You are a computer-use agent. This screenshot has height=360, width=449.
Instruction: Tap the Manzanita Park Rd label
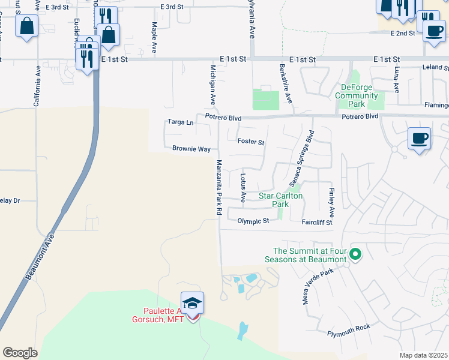[219, 188]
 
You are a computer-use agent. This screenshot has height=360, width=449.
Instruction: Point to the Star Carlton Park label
[280, 200]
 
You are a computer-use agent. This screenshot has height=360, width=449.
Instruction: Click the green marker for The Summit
[355, 255]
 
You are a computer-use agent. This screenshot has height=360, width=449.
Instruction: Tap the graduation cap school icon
[193, 304]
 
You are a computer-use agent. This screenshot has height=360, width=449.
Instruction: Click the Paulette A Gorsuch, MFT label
[171, 315]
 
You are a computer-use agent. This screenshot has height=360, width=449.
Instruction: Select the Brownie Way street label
[191, 149]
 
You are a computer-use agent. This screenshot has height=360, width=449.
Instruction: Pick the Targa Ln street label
[181, 122]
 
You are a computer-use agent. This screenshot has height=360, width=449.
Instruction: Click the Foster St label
[251, 142]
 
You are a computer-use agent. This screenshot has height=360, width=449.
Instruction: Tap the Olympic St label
[253, 221]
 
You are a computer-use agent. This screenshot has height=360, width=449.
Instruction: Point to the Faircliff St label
[317, 221]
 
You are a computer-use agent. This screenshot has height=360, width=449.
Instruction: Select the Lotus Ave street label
[243, 188]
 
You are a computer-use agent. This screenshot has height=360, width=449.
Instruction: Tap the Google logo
[20, 353]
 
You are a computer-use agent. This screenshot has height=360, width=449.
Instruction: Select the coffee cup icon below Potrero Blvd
[418, 139]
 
